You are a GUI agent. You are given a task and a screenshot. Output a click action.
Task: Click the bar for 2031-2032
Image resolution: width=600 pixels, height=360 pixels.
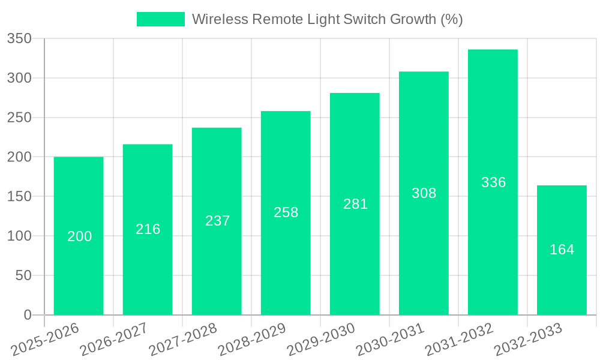493,240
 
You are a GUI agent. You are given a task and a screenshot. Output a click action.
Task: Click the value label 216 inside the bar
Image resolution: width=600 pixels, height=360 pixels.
148,229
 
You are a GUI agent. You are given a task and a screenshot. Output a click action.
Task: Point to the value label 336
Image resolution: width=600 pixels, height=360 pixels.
494,182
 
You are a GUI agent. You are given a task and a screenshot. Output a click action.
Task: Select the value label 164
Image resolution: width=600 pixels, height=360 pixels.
562,250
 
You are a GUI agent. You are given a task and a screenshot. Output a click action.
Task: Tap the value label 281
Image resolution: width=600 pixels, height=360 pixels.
355,204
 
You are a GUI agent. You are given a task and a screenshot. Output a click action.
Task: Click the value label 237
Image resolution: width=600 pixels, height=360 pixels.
217,221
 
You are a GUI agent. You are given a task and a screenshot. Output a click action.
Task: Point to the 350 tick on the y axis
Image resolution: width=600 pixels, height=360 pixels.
19,39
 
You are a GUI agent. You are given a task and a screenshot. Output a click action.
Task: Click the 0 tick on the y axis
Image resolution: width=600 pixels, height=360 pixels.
27,315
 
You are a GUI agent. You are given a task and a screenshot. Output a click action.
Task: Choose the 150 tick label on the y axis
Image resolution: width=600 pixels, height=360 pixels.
19,197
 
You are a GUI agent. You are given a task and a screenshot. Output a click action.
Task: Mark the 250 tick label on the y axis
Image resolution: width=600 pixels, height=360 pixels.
19,118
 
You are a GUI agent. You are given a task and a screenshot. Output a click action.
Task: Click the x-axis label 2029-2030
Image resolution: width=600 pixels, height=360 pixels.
321,340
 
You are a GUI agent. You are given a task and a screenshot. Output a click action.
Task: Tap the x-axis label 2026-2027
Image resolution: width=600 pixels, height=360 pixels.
114,340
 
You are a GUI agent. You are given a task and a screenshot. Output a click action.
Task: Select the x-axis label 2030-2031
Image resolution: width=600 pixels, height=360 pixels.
390,340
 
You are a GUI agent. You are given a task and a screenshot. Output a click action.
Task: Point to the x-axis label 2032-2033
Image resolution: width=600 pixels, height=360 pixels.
528,340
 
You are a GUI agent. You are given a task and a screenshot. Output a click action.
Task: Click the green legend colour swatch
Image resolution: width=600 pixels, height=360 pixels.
161,19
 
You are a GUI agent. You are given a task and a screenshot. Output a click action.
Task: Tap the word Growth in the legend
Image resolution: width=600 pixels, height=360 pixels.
413,19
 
